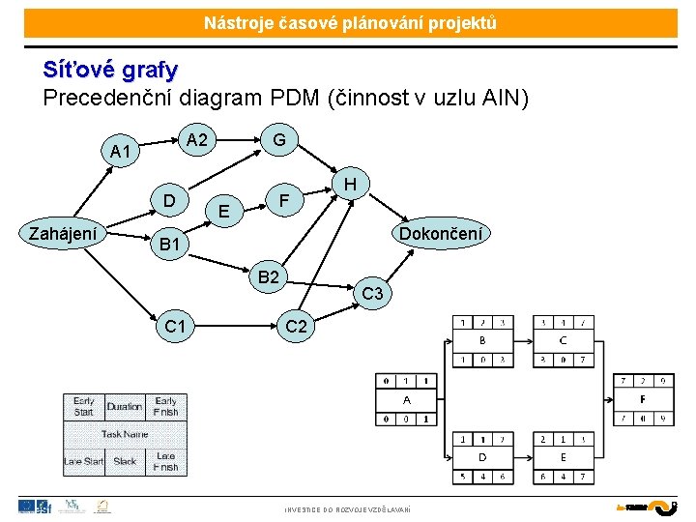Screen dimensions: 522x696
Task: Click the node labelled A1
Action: pos(121,152)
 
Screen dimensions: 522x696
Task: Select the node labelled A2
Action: pos(197,140)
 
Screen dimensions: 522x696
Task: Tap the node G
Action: pos(278,140)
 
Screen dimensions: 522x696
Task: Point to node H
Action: pos(351,184)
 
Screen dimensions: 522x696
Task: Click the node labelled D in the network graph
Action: pos(169,201)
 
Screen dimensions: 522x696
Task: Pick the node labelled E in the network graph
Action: pos(224,211)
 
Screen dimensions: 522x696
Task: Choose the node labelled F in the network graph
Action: pos(284,201)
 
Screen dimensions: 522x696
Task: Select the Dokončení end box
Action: pos(440,233)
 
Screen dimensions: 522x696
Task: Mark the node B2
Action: pos(268,277)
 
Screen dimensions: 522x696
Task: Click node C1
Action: pos(176,327)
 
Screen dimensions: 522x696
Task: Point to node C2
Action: pos(296,327)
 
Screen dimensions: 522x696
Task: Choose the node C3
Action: pos(373,293)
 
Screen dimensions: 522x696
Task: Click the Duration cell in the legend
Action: pos(125,407)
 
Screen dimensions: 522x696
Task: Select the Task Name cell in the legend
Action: pos(125,434)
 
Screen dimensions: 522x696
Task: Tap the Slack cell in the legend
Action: pos(125,461)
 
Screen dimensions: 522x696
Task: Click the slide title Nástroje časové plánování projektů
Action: pos(350,22)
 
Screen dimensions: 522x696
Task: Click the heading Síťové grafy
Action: pos(110,70)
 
